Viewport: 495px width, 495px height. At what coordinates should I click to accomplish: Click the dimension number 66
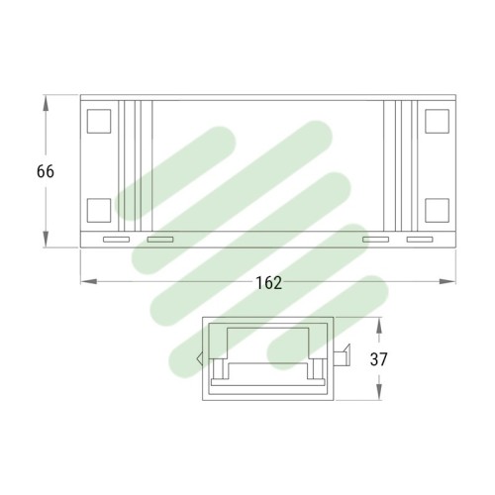coord(46,171)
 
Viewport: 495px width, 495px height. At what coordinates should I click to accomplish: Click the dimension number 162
coord(269,283)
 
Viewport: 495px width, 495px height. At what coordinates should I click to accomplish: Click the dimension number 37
coord(378,359)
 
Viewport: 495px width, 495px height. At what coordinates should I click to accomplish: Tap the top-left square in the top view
coord(99,121)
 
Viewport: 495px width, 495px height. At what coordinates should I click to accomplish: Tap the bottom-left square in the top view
coord(99,210)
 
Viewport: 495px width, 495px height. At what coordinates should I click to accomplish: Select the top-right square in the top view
coord(437,121)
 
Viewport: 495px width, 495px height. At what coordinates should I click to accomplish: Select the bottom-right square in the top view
coord(437,210)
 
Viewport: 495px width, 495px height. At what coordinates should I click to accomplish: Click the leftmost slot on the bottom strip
coord(116,240)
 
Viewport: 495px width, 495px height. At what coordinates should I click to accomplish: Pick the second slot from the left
coord(160,240)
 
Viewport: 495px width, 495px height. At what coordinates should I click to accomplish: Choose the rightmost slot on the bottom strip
coord(420,240)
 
